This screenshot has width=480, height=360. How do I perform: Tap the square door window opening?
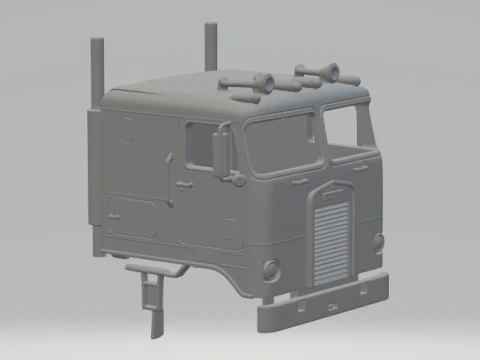coord(200,144)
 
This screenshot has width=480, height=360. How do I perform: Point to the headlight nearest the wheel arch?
coord(270,268)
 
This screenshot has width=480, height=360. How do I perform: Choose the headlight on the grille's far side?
coord(378,241)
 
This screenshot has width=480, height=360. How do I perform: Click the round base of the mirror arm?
coord(238,179)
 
